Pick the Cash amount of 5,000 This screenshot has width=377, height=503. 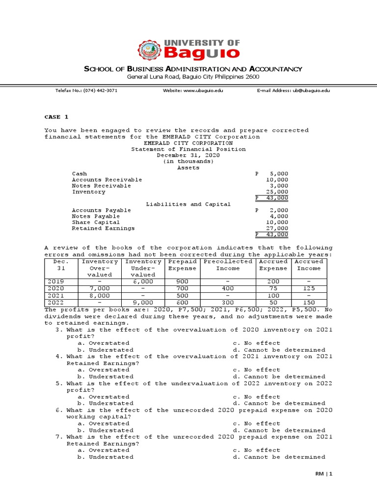(278, 174)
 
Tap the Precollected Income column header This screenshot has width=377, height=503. (228, 265)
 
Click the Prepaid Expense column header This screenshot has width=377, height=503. (182, 265)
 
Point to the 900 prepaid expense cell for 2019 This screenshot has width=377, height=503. (182, 282)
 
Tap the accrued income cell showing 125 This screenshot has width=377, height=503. (309, 289)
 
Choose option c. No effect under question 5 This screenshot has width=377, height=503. (256, 396)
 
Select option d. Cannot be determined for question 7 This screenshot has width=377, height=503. (279, 457)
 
